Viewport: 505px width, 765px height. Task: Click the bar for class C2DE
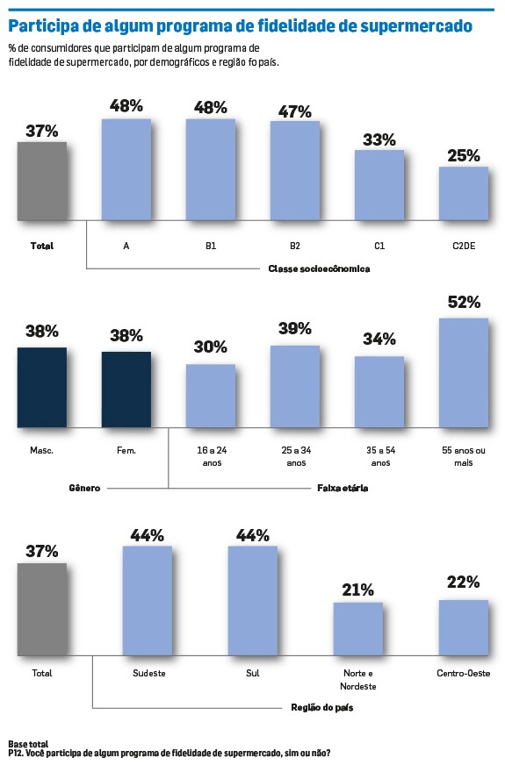[464, 194]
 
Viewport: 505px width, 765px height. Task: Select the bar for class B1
[211, 170]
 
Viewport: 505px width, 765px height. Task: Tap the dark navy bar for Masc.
[42, 388]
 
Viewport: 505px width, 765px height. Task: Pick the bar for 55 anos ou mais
[464, 373]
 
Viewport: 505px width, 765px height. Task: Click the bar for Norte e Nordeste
[358, 629]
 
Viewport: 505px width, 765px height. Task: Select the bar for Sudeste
[147, 601]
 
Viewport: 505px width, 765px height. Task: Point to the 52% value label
[464, 302]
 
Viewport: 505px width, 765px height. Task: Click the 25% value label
[464, 155]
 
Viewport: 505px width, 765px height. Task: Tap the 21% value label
[358, 590]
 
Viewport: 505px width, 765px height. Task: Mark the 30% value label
[211, 347]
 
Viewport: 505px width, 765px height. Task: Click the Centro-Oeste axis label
[464, 673]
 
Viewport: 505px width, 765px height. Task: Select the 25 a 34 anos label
[296, 456]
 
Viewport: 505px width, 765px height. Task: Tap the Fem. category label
[126, 450]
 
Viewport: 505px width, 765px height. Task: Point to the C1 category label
[379, 246]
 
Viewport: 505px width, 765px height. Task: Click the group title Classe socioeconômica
[319, 268]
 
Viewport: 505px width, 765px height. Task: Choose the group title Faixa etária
[343, 488]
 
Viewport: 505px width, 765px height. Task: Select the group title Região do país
[321, 707]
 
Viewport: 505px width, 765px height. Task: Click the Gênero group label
[84, 488]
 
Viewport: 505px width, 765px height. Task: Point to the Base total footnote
[28, 745]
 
